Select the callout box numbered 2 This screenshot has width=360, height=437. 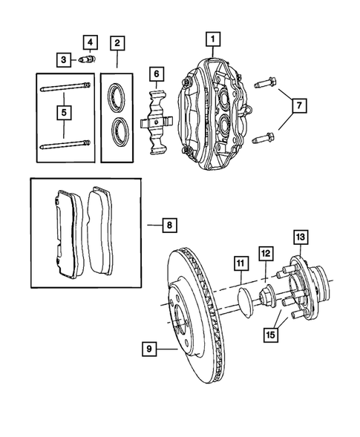[117, 43]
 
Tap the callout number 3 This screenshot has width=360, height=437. [65, 59]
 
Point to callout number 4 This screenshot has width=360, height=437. [90, 41]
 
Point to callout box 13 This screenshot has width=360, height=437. [299, 237]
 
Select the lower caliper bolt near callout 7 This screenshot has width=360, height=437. [263, 137]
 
